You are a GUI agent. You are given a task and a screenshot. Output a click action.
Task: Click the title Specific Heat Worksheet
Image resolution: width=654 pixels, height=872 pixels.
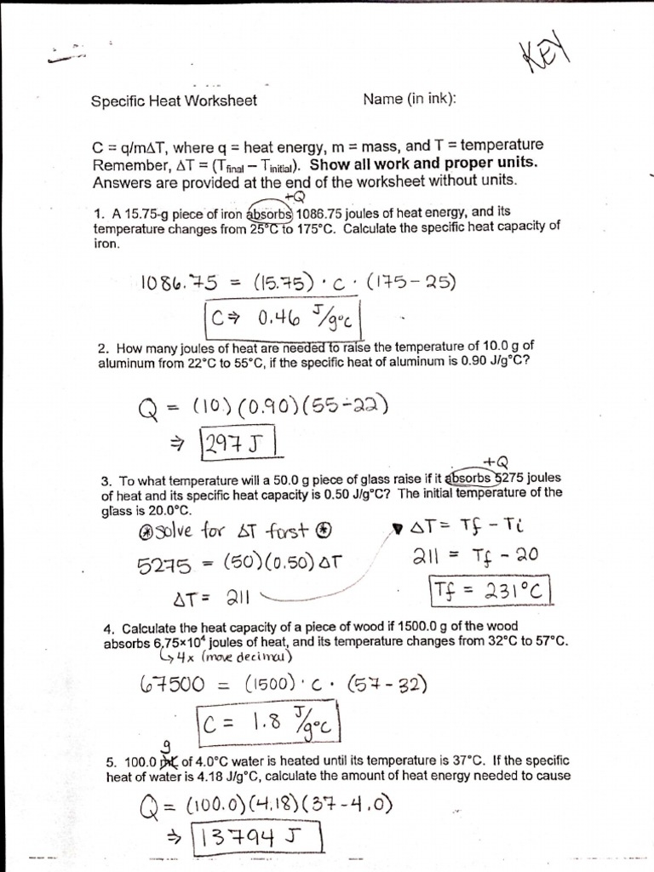(174, 100)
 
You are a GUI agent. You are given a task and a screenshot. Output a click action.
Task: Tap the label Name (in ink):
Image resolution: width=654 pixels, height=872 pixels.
(410, 100)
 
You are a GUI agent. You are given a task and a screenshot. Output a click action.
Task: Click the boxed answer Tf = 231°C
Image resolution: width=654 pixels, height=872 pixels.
(490, 590)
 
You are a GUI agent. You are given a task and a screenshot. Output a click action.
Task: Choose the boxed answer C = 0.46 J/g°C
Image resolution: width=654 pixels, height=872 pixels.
(284, 319)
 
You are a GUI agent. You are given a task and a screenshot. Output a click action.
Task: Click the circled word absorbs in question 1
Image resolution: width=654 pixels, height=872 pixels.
(269, 214)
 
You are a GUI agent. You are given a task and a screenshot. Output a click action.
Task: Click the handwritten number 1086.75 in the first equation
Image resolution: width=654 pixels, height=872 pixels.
(177, 283)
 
